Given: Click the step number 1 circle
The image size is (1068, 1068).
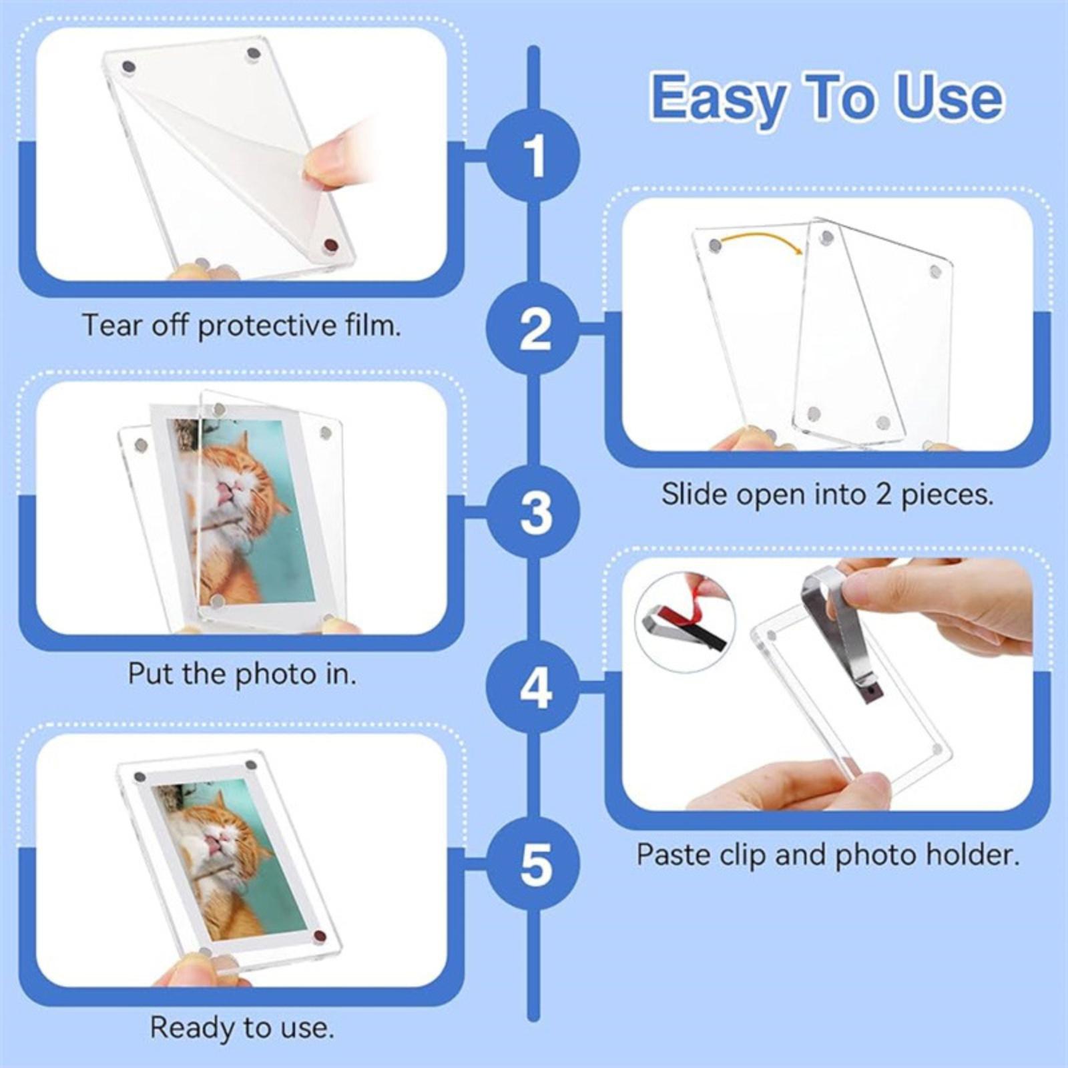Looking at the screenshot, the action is coord(533,155).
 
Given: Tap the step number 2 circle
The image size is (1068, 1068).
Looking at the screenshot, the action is coord(533,328).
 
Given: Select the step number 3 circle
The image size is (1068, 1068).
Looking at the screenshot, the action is coord(533,512).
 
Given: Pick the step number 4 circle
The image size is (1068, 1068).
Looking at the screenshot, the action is coord(533,687).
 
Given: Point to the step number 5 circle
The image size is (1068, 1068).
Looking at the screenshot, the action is coord(533,864).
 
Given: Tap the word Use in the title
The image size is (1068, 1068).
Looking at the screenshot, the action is coord(950,97).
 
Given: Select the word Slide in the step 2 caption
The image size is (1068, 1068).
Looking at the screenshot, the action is coord(690,494).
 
